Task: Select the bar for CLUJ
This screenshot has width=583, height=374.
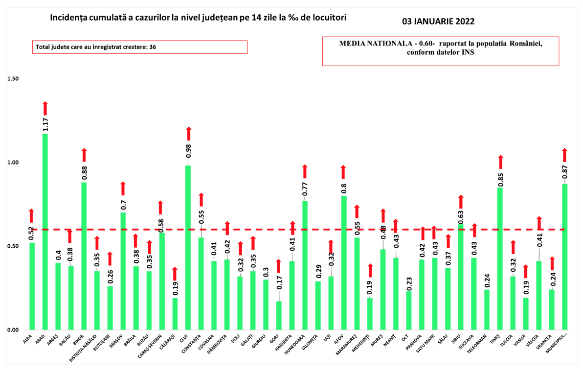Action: [188, 247]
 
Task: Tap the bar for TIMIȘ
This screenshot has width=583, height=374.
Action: [500, 258]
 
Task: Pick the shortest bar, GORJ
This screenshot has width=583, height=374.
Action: [279, 315]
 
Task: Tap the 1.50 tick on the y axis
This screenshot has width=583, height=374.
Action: [13, 79]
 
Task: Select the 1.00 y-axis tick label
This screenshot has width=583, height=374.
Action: [13, 163]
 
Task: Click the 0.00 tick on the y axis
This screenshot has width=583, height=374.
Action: [13, 329]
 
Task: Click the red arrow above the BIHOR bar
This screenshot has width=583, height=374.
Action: [84, 155]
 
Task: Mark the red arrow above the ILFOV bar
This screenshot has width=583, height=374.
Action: [343, 172]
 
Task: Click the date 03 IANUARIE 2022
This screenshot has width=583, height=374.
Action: [438, 22]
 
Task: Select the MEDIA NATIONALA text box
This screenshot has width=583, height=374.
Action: [440, 51]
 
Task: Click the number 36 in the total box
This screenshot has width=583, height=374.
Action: [152, 47]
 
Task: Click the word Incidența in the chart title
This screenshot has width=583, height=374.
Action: [68, 18]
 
